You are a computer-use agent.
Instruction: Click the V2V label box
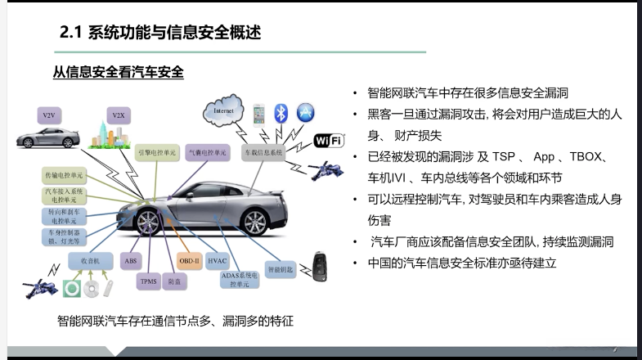[47, 115]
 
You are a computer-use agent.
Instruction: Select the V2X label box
[118, 115]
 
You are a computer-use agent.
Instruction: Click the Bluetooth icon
[281, 113]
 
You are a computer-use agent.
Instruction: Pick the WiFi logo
[328, 141]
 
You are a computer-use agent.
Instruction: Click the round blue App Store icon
[307, 112]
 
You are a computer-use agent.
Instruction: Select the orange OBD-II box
[190, 260]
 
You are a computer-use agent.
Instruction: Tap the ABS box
[131, 260]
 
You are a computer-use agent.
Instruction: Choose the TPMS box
[148, 282]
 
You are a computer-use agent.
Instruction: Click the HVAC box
[218, 260]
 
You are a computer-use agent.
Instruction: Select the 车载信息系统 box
[262, 153]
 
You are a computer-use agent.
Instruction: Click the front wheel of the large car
[150, 223]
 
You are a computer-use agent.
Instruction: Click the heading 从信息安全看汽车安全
[118, 73]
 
